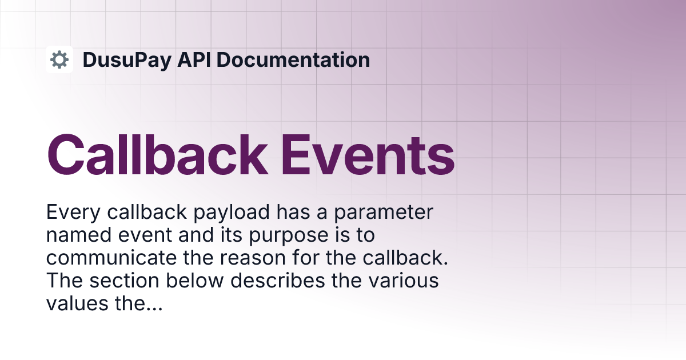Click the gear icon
coord(59,59)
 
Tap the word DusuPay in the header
coord(127,60)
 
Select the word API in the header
coord(194,59)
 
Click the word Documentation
coord(293,59)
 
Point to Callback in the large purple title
coord(157,155)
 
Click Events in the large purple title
coord(368,155)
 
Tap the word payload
coord(232,213)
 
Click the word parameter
coord(384,213)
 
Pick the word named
coord(79,235)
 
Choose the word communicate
coord(111,258)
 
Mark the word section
coord(125,281)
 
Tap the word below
coord(195,281)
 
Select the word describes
coord(278,281)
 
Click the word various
coord(404,281)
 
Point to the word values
coord(77,303)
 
